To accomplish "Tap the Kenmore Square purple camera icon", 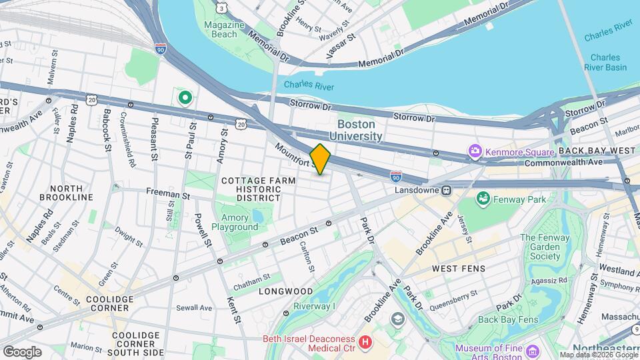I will (475, 151).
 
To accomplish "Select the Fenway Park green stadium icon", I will (483, 199).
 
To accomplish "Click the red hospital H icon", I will (365, 343).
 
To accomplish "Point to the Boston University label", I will (360, 130).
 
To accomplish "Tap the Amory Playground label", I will (235, 222).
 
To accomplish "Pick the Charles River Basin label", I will (608, 63).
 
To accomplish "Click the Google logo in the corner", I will (22, 351).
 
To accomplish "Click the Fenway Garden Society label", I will (545, 247).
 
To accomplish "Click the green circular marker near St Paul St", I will (185, 99).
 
